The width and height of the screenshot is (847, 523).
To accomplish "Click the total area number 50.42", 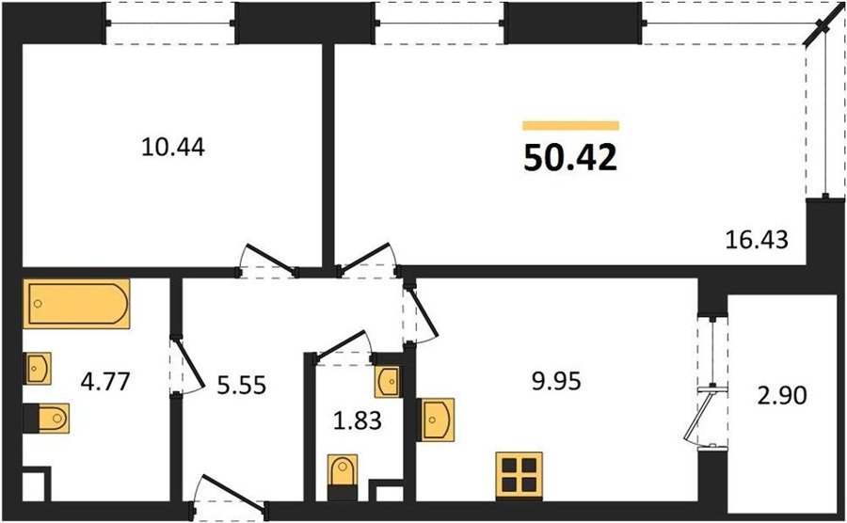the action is click(x=570, y=159).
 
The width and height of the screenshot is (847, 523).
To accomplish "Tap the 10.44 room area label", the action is click(x=173, y=148).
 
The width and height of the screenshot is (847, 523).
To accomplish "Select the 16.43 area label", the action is click(x=757, y=239).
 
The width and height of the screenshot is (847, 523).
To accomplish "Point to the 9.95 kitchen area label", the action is click(x=556, y=381).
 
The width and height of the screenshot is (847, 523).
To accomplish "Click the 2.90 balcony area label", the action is click(x=782, y=396).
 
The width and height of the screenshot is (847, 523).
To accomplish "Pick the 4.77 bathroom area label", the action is click(x=105, y=382).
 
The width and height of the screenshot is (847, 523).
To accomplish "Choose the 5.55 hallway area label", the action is click(x=242, y=386).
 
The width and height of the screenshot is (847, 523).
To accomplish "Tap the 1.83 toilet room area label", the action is click(x=358, y=420).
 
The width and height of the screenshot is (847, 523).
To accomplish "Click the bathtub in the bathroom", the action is click(x=76, y=304).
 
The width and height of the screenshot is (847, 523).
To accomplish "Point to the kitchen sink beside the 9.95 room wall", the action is click(x=437, y=420).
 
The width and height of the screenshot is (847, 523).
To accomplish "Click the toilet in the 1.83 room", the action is click(x=343, y=477).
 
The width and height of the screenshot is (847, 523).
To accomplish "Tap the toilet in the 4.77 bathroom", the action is click(x=46, y=419).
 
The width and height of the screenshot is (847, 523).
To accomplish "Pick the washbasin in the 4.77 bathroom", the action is click(x=38, y=369).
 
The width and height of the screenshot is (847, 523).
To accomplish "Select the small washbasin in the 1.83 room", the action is click(x=389, y=382).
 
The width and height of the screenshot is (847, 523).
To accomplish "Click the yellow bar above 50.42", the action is click(x=570, y=126).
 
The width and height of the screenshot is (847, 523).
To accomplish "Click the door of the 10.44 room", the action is click(x=268, y=261).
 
